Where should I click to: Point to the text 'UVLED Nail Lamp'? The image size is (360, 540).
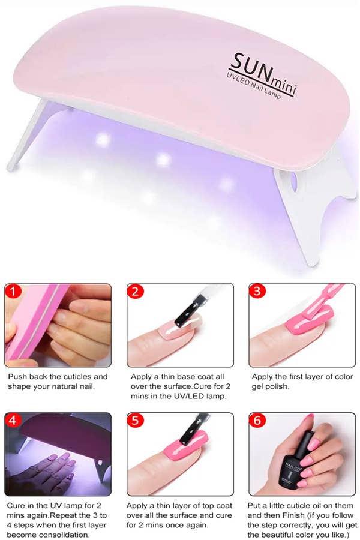tap(254, 86)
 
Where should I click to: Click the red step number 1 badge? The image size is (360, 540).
tap(13, 292)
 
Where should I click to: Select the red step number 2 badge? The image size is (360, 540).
tap(135, 292)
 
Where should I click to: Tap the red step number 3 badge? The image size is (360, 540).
tap(257, 291)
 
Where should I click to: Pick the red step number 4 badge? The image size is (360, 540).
tap(13, 421)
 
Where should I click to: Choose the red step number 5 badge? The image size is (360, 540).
tap(135, 421)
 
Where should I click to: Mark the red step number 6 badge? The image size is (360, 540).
tap(257, 421)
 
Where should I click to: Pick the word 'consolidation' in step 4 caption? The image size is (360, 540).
tap(64, 535)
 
